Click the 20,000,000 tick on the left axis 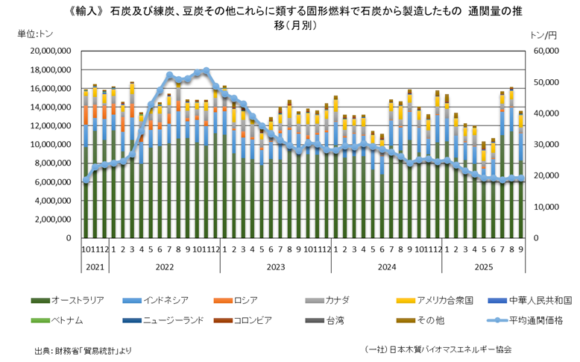pos(48,52)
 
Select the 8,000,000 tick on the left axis pos(51,163)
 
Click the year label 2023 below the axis pos(275,266)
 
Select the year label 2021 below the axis pos(95,266)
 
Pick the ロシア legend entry pos(246,300)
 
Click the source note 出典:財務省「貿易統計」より pos(83,349)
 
